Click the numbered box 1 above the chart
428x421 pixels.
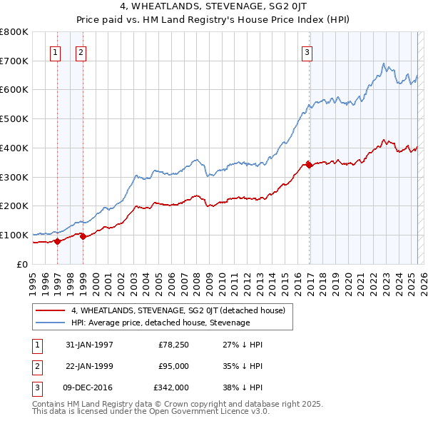(56, 51)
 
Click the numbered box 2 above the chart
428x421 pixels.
(81, 51)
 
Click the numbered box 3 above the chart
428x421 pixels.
(307, 51)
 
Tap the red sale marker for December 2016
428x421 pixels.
(309, 164)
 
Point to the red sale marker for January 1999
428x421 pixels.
(83, 236)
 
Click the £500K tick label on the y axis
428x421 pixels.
(14, 119)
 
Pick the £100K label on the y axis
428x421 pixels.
(14, 235)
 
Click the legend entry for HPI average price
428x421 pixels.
(160, 323)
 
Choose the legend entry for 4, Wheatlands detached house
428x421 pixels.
(178, 310)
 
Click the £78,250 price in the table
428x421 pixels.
(173, 345)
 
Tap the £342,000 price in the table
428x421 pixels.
(171, 388)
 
